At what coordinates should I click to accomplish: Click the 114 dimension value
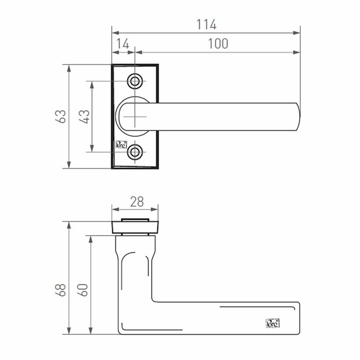pyautogui.click(x=206, y=25)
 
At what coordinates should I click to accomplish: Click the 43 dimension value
pyautogui.click(x=84, y=116)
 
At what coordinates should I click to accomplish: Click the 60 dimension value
pyautogui.click(x=84, y=287)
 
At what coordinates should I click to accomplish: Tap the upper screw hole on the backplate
pyautogui.click(x=135, y=82)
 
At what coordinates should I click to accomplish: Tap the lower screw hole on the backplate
pyautogui.click(x=135, y=153)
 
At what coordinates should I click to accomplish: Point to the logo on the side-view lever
pyautogui.click(x=272, y=322)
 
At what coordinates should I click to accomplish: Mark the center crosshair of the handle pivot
pyautogui.click(x=135, y=117)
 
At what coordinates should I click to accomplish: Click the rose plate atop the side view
pyautogui.click(x=135, y=226)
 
